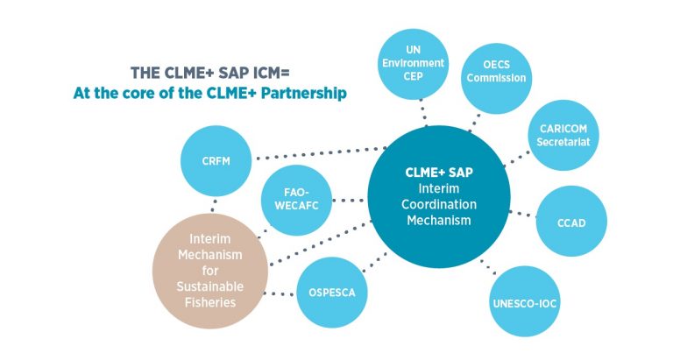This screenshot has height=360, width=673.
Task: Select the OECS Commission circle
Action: pyautogui.click(x=497, y=71)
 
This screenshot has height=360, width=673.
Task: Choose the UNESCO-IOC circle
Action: pyautogui.click(x=524, y=304)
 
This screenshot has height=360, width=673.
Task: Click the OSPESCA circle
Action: pyautogui.click(x=332, y=292)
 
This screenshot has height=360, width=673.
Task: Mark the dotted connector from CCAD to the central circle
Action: pyautogui.click(x=524, y=213)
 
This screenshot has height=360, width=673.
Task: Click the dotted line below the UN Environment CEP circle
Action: pyautogui.click(x=423, y=112)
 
